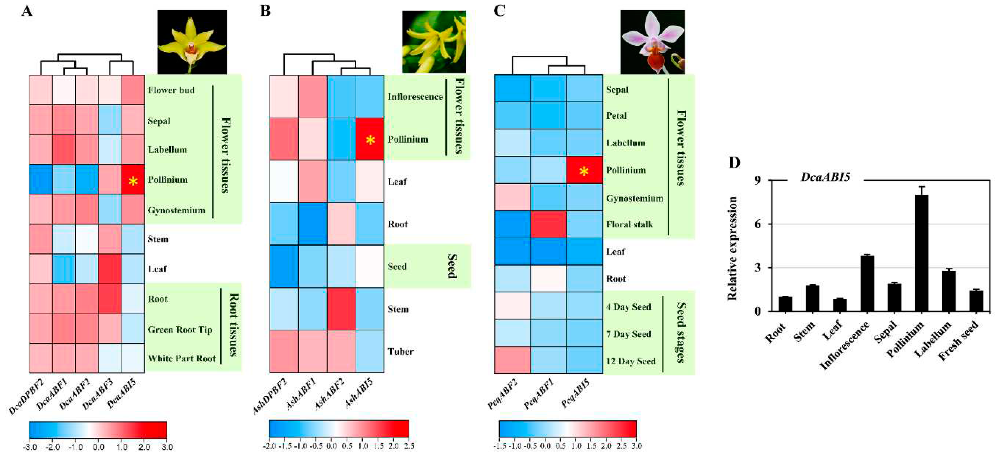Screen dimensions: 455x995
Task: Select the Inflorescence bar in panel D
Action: [x=867, y=283]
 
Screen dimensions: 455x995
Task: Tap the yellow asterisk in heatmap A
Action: [x=133, y=181]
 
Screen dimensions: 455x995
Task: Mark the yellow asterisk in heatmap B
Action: [x=370, y=140]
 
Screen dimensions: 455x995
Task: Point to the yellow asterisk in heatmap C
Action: [x=584, y=171]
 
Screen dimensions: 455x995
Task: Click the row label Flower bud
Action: [x=171, y=90]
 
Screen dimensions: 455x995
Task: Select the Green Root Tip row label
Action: [x=180, y=330]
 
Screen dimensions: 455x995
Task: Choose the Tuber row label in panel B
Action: [x=401, y=352]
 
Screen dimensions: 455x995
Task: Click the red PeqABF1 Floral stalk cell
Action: [x=548, y=224]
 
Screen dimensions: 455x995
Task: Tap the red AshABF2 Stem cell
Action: [x=341, y=309]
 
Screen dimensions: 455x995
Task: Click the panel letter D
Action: [x=734, y=162]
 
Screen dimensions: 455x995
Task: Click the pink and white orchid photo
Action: [x=652, y=42]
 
